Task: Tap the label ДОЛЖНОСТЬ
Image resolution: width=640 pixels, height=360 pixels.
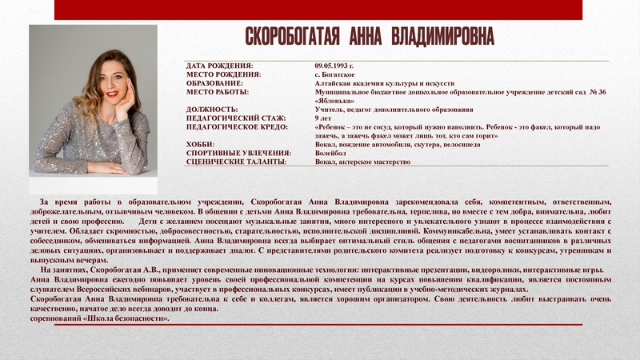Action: click(212, 110)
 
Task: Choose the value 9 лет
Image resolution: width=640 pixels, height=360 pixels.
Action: click(323, 118)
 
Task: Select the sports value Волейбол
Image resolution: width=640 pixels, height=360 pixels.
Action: click(330, 154)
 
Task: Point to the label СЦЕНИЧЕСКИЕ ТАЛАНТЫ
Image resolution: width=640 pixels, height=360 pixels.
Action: click(236, 162)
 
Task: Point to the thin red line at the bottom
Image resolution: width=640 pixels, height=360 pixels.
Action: click(320, 324)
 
